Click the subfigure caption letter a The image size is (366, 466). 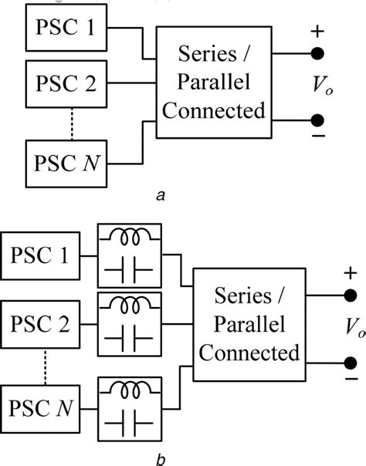click(161, 197)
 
